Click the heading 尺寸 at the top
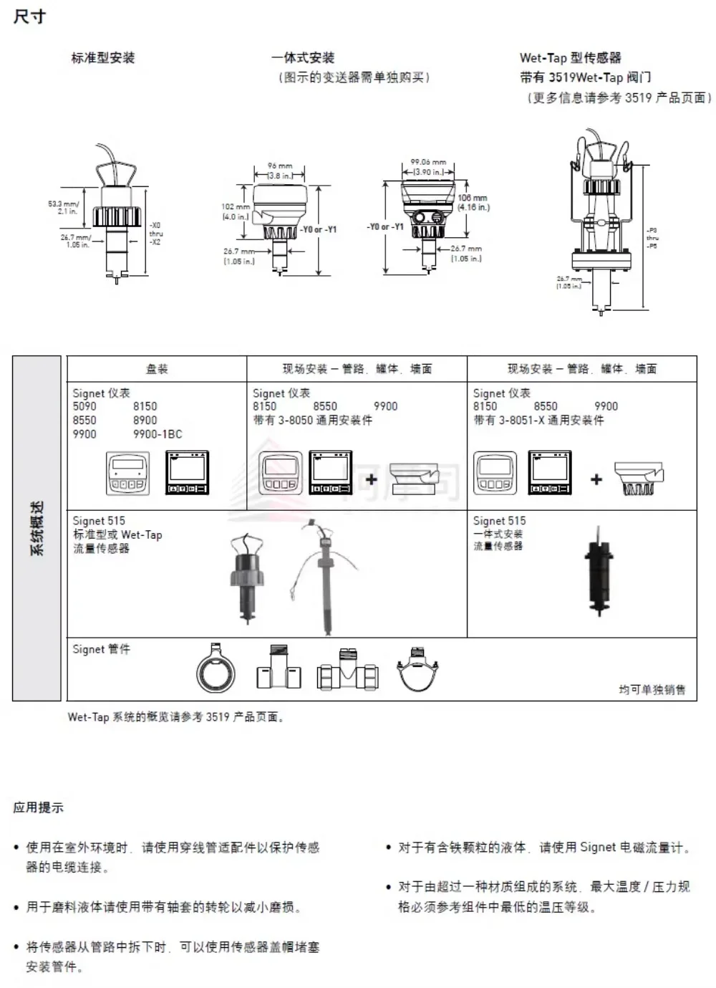(x=29, y=16)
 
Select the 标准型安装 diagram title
(x=102, y=58)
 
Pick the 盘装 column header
(x=157, y=369)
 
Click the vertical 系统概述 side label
(x=37, y=528)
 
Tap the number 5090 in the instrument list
(x=84, y=406)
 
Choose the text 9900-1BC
(x=158, y=434)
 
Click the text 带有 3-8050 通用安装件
(x=312, y=421)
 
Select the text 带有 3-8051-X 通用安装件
(x=538, y=421)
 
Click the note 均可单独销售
(x=652, y=689)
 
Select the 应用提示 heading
(x=38, y=807)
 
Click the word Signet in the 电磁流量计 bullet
(x=597, y=848)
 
